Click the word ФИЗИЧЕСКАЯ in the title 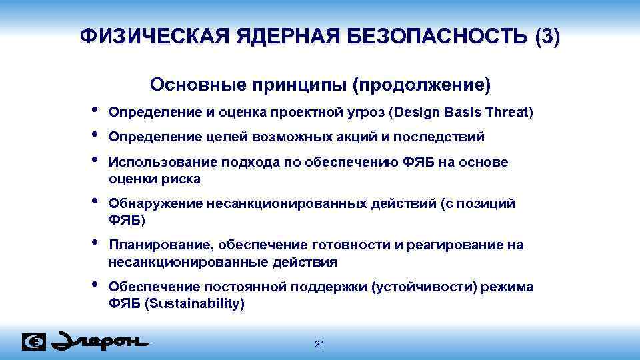point(154,37)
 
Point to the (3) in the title point(547,37)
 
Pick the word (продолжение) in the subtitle point(421,85)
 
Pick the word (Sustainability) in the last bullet point(193,303)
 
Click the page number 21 point(319,344)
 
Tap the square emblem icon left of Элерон point(34,341)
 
